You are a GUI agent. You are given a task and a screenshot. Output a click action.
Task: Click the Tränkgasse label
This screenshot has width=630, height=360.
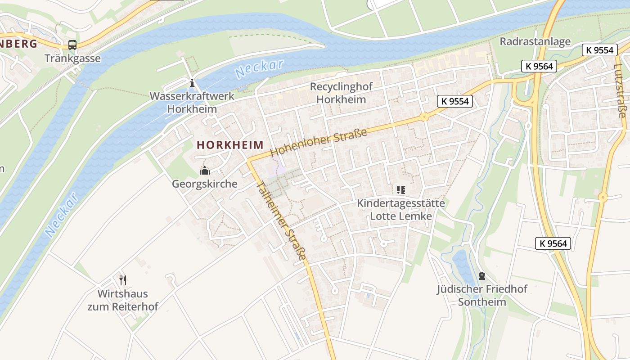pos(72,58)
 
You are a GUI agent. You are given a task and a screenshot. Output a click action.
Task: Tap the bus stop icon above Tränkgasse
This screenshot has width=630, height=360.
pos(72,45)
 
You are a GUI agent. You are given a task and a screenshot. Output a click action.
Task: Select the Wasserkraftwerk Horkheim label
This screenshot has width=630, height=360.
pos(192,103)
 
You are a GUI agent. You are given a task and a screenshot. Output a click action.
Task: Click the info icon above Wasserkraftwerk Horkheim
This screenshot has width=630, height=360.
pos(192,83)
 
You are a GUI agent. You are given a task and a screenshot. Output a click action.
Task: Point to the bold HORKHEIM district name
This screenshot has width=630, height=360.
pos(230,145)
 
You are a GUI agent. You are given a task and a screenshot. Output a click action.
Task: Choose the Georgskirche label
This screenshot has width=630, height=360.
pos(205,184)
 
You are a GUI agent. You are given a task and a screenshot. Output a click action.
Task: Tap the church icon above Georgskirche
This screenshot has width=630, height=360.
pos(205,171)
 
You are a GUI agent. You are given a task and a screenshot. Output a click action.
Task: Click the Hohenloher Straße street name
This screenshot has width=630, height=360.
pos(319,142)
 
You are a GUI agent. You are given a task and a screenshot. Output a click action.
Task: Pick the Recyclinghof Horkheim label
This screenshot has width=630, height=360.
pos(338,93)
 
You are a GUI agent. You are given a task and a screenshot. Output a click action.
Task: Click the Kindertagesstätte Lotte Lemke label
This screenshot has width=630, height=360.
pos(401,210)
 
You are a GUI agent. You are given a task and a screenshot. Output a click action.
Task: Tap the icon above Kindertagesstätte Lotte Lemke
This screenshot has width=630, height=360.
pos(400,190)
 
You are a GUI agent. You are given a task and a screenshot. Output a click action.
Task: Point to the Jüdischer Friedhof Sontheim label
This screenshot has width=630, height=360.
pos(482,295)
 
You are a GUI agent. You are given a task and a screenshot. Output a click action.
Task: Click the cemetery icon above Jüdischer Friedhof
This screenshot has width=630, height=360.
pos(482,275)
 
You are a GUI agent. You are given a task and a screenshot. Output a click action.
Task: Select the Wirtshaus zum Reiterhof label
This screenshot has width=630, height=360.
pos(123,301)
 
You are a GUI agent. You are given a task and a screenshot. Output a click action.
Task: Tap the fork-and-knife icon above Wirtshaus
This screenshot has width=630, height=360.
pos(123,280)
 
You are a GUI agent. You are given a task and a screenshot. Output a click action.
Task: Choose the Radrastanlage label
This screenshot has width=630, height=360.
pos(535,42)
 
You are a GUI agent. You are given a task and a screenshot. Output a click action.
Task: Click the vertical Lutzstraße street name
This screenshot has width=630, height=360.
pos(620,90)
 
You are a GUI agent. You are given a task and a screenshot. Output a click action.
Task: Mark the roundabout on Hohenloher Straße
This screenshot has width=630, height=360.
pos(424,117)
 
